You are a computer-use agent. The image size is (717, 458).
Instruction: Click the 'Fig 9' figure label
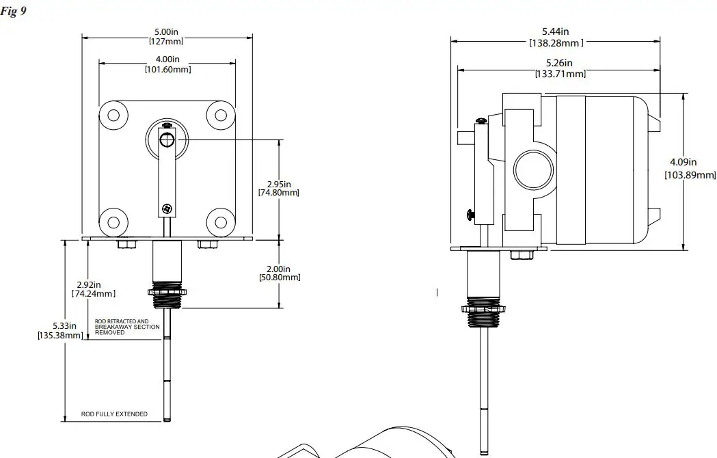pyautogui.click(x=14, y=12)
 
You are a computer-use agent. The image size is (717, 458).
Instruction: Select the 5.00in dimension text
pyautogui.click(x=166, y=36)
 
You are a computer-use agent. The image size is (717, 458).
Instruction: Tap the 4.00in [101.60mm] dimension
pyautogui.click(x=167, y=64)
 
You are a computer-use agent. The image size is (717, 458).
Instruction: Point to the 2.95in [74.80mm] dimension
pyautogui.click(x=278, y=188)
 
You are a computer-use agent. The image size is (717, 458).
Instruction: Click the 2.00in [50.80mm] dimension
pyautogui.click(x=279, y=273)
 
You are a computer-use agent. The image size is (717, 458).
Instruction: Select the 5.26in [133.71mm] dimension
pyautogui.click(x=559, y=68)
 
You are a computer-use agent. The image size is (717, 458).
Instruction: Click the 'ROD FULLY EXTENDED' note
pyautogui.click(x=114, y=414)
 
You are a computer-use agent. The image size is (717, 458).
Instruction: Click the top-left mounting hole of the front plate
pyautogui.click(x=113, y=114)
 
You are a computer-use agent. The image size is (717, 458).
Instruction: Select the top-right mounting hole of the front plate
pyautogui.click(x=221, y=114)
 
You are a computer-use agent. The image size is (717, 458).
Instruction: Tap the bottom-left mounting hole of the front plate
pyautogui.click(x=113, y=221)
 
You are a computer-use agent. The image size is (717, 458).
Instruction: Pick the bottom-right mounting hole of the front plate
pyautogui.click(x=221, y=221)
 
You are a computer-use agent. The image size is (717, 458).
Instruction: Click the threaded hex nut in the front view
pyautogui.click(x=166, y=293)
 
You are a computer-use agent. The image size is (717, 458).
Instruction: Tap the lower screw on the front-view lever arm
pyautogui.click(x=166, y=208)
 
